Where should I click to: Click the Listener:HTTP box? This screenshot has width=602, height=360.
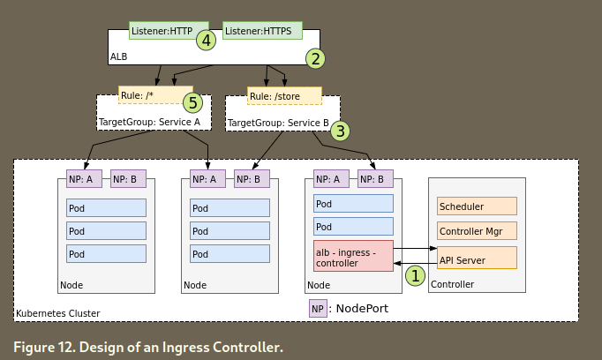[x=162, y=32]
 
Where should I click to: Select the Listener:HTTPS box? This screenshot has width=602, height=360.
[x=262, y=32]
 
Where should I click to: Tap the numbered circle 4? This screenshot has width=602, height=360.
[x=206, y=40]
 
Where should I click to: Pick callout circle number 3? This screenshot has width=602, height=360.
[x=341, y=130]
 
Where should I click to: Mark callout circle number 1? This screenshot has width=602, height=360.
[x=414, y=275]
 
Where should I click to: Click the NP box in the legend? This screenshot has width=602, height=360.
[x=318, y=309]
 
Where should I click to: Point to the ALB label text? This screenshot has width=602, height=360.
[x=119, y=56]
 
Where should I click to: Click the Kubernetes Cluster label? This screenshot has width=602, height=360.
[x=58, y=313]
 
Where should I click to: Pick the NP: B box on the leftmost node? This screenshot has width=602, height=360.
[x=128, y=179]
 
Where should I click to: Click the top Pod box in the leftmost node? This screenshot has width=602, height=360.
[x=106, y=208]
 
